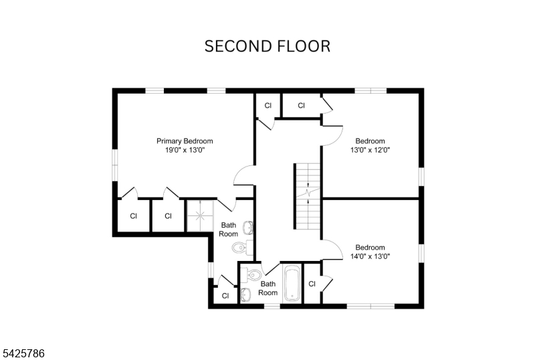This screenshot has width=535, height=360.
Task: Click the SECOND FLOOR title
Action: click(267, 46)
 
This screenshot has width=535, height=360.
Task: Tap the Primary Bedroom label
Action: click(185, 141)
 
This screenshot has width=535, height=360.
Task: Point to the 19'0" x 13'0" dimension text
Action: click(185, 151)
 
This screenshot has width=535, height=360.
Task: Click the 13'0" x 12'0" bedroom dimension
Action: click(370, 151)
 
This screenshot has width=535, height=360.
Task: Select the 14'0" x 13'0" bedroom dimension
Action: click(370, 256)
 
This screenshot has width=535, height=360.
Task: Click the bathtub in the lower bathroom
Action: click(293, 284)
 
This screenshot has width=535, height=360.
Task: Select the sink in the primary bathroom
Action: click(248, 227)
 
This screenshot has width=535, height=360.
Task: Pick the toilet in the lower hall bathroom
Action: click(253, 274)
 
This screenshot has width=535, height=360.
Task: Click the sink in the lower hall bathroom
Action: click(245, 294)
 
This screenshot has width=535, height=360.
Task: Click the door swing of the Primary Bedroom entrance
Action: click(243, 175)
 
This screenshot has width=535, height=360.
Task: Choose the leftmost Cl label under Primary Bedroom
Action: click(133, 216)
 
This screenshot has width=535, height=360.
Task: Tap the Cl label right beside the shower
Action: click(168, 216)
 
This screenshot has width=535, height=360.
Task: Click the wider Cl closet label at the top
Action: click(301, 105)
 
